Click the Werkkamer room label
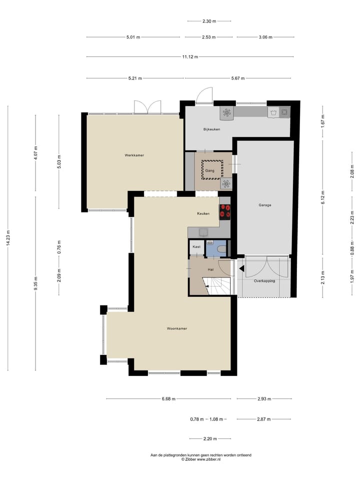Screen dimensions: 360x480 tap(134, 155)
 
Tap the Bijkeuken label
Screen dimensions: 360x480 tap(211, 129)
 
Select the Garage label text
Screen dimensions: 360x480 tap(265, 205)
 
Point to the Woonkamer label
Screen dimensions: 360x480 tap(176, 328)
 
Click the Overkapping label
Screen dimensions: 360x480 tap(264, 280)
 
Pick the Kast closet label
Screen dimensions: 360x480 tap(196, 246)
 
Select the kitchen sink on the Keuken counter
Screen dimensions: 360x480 tap(203, 232)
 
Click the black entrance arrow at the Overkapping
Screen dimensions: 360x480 tap(241, 269)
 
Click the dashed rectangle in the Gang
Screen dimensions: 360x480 tap(212, 169)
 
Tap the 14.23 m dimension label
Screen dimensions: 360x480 tap(8, 238)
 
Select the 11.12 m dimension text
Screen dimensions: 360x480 tap(190, 56)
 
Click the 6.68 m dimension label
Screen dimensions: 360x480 tap(168, 399)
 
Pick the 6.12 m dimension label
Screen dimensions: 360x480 tap(322, 197)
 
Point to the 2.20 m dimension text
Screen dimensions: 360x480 tap(210, 438)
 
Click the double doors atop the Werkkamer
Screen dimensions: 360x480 tap(147, 107)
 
